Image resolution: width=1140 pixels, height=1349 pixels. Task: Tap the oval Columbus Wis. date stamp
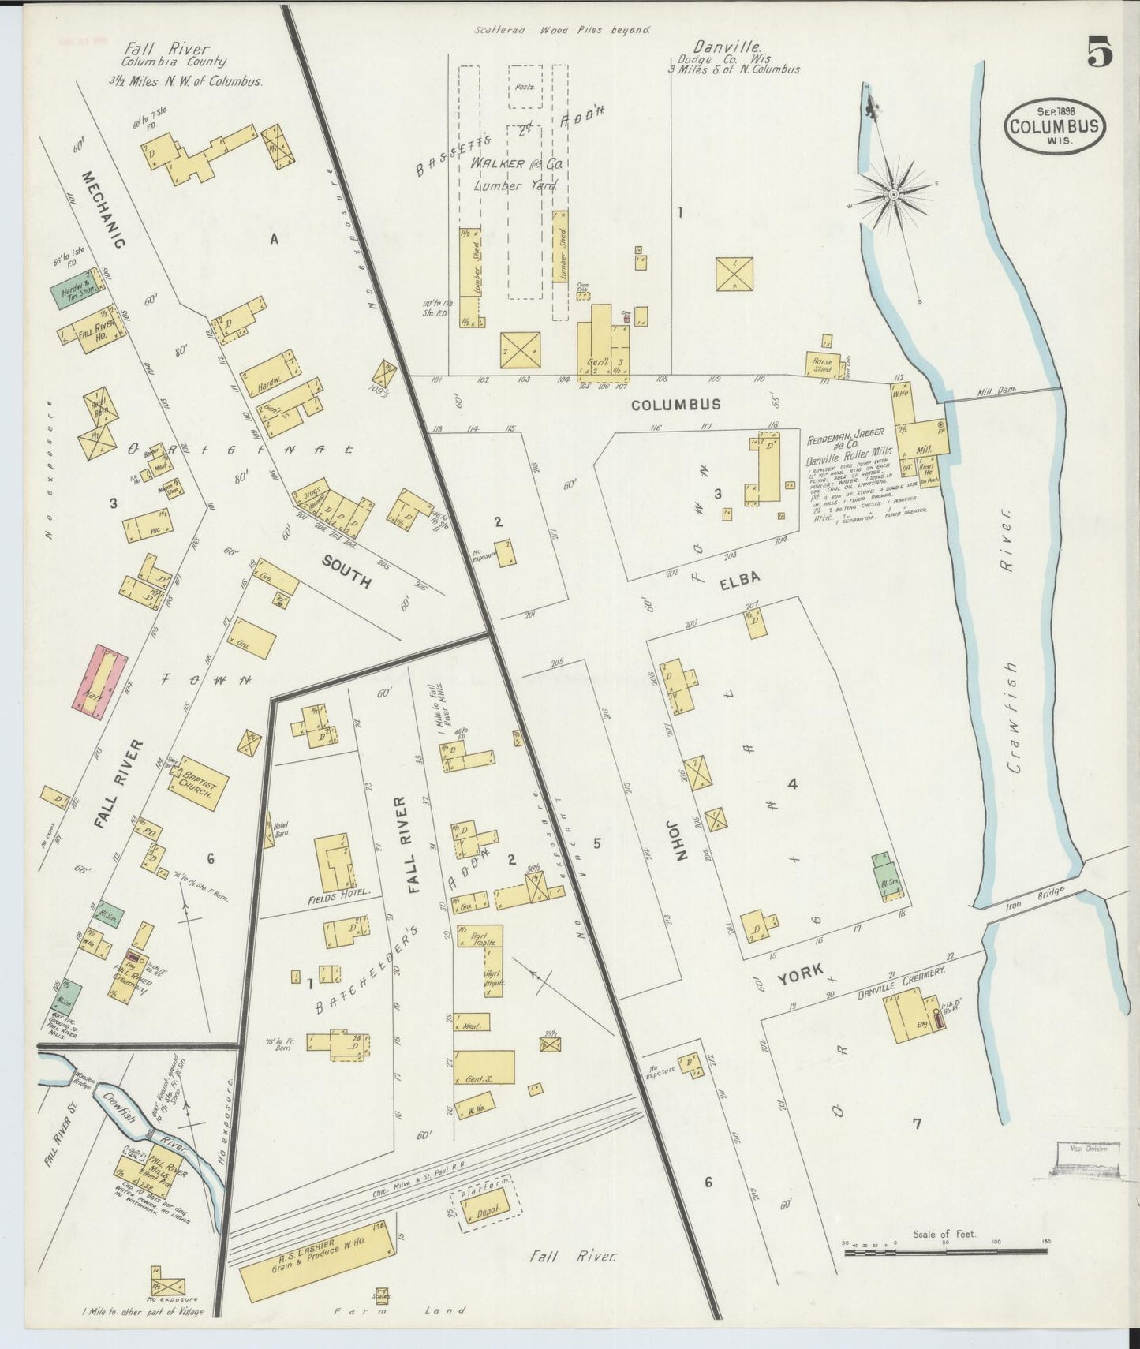pos(1055,125)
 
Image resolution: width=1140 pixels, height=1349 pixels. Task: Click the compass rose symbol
pos(894,193)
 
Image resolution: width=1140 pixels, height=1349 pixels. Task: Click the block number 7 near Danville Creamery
pos(916,1124)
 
